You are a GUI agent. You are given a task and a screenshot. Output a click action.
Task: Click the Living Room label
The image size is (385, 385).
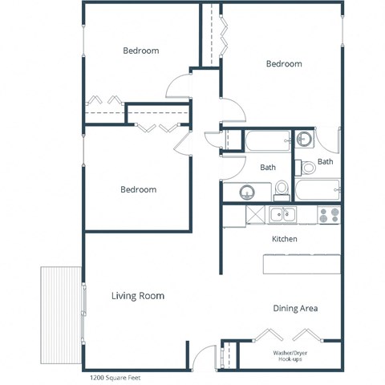(x=137, y=296)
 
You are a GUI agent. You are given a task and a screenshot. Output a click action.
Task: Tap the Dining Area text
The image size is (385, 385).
(x=296, y=308)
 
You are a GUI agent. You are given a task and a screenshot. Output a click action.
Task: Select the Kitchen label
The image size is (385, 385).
(x=285, y=239)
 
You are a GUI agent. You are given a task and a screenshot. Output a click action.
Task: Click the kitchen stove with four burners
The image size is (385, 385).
(x=328, y=215)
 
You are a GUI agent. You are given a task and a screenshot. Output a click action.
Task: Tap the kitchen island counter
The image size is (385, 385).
(x=300, y=264)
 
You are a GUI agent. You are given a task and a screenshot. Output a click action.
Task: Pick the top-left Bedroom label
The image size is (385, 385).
(x=140, y=51)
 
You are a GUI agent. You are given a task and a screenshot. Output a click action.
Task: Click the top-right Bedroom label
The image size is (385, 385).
(x=284, y=63)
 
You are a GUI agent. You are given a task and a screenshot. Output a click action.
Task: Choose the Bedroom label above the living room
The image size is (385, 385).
(x=138, y=189)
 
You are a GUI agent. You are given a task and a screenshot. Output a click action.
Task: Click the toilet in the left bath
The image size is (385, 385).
(x=282, y=189)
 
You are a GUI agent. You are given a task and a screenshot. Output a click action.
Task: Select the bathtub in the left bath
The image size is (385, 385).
(x=268, y=142)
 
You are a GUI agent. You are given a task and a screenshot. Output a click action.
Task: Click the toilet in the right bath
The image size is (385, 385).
(x=308, y=168)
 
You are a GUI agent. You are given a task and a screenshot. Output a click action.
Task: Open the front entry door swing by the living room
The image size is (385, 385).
(x=205, y=356)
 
